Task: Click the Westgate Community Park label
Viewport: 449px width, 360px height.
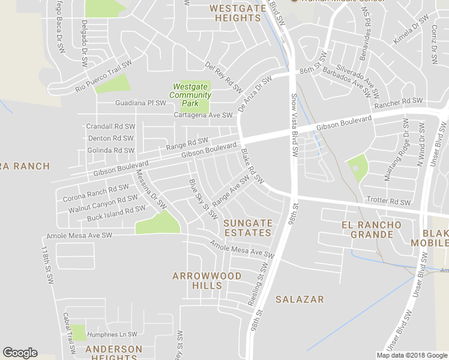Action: point(191,95)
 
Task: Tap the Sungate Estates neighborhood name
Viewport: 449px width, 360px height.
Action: point(248,227)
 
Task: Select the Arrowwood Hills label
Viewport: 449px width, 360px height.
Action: point(206,281)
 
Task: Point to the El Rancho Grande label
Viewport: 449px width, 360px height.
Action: point(367,230)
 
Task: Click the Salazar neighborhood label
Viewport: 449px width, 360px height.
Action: point(300,299)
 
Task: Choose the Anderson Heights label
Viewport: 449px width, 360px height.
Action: point(113,353)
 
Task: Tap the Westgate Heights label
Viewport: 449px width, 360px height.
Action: point(235,13)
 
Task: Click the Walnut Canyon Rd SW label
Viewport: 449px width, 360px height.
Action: point(103,203)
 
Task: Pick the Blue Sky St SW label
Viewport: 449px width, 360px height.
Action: point(202,199)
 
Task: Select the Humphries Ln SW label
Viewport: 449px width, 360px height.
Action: point(112,334)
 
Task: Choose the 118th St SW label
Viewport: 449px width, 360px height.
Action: point(47,264)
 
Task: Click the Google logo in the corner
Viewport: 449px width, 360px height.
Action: point(20,353)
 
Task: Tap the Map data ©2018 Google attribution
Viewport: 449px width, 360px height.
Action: point(412,355)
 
